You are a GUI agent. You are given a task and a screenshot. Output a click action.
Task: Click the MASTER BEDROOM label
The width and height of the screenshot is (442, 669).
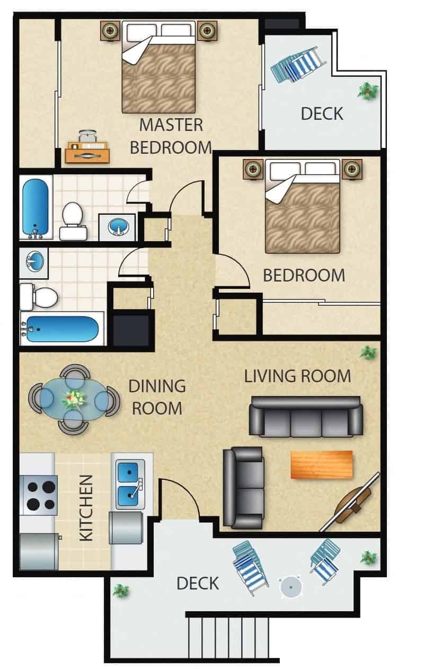(171, 136)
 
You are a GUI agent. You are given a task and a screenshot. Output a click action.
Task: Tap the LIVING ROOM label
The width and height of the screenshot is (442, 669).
(297, 376)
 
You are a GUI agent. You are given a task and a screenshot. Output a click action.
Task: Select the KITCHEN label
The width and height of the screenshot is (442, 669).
(86, 508)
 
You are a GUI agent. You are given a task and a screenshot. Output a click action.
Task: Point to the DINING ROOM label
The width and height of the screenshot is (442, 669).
(157, 397)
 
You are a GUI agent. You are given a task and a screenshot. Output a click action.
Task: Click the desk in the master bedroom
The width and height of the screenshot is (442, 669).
(87, 153)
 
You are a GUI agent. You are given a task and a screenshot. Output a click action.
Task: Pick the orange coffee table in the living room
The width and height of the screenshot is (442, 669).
(321, 464)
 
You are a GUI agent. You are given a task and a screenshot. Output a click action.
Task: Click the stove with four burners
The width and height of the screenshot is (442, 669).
(38, 495)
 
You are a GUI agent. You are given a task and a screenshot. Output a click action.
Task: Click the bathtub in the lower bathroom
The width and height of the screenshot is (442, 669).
(63, 330)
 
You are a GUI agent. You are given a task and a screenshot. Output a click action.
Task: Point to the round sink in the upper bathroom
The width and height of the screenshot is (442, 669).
(118, 227)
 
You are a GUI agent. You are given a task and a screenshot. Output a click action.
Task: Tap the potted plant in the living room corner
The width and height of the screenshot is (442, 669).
(367, 351)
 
